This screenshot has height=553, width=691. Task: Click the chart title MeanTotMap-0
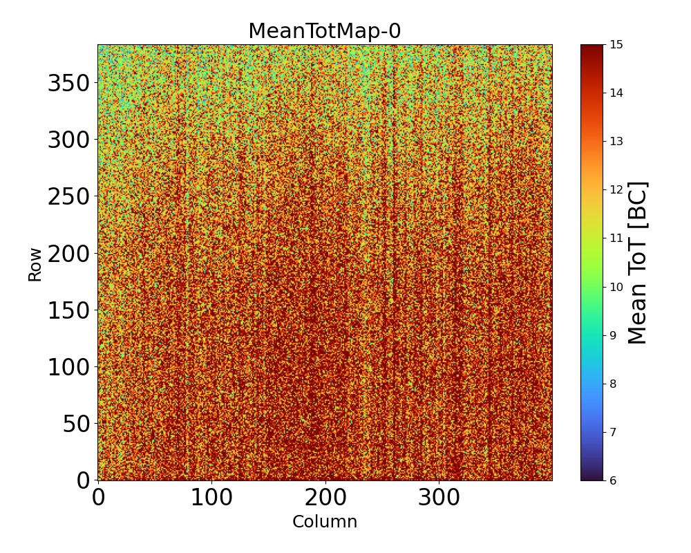325,31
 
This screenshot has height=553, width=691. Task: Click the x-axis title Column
325,522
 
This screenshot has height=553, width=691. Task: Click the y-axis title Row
35,265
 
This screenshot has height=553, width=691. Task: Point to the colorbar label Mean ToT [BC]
638,263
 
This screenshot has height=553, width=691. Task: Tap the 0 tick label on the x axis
98,498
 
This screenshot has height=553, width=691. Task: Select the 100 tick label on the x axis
211,498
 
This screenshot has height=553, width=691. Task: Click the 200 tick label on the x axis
325,498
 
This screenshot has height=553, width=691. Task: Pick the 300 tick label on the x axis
439,498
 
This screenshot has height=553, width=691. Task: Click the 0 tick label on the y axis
83,480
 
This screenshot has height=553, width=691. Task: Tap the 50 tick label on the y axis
76,424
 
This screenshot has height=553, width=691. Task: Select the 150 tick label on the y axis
68,311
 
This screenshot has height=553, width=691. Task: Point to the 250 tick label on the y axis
68,197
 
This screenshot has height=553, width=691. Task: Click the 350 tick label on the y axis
68,84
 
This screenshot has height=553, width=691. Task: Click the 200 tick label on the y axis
68,254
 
